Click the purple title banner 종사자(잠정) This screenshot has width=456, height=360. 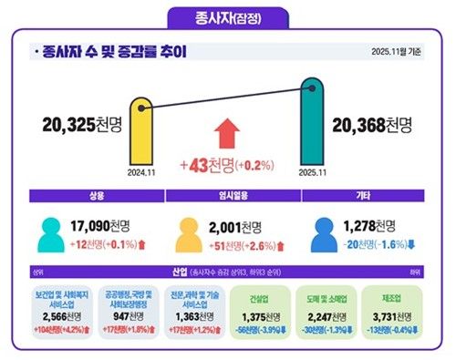(227, 18)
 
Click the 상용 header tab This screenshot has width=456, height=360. (96, 195)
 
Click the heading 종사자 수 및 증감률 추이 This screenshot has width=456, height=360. (114, 53)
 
